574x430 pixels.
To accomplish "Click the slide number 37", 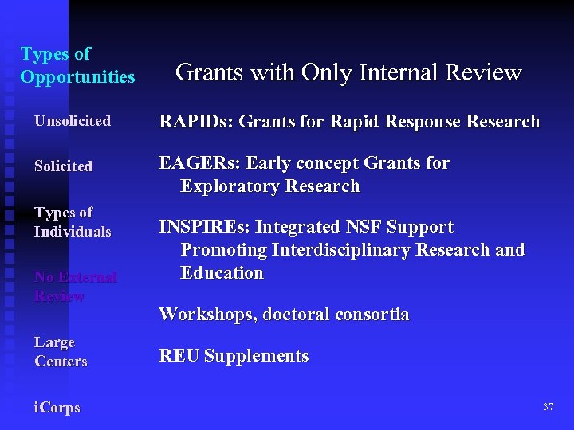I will pyautogui.click(x=548, y=407).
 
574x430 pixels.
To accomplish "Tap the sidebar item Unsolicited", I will pyautogui.click(x=72, y=121).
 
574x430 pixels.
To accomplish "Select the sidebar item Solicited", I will pyautogui.click(x=63, y=166).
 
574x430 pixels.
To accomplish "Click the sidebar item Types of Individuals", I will pyautogui.click(x=72, y=222).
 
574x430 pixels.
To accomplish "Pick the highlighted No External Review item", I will pyautogui.click(x=75, y=287).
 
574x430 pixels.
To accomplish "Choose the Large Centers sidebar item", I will pyautogui.click(x=61, y=352).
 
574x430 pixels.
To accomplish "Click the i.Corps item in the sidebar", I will pyautogui.click(x=57, y=408).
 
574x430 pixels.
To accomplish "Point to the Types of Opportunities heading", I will pyautogui.click(x=77, y=65).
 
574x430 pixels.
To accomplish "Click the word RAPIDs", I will pyautogui.click(x=195, y=122).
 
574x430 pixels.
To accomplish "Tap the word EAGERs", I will pyautogui.click(x=199, y=163).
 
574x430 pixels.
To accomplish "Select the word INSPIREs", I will pyautogui.click(x=205, y=227).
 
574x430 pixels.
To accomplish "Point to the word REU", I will pyautogui.click(x=179, y=356).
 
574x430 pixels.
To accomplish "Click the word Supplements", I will pyautogui.click(x=256, y=356).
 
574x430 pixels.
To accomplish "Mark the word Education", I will pyautogui.click(x=222, y=273).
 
